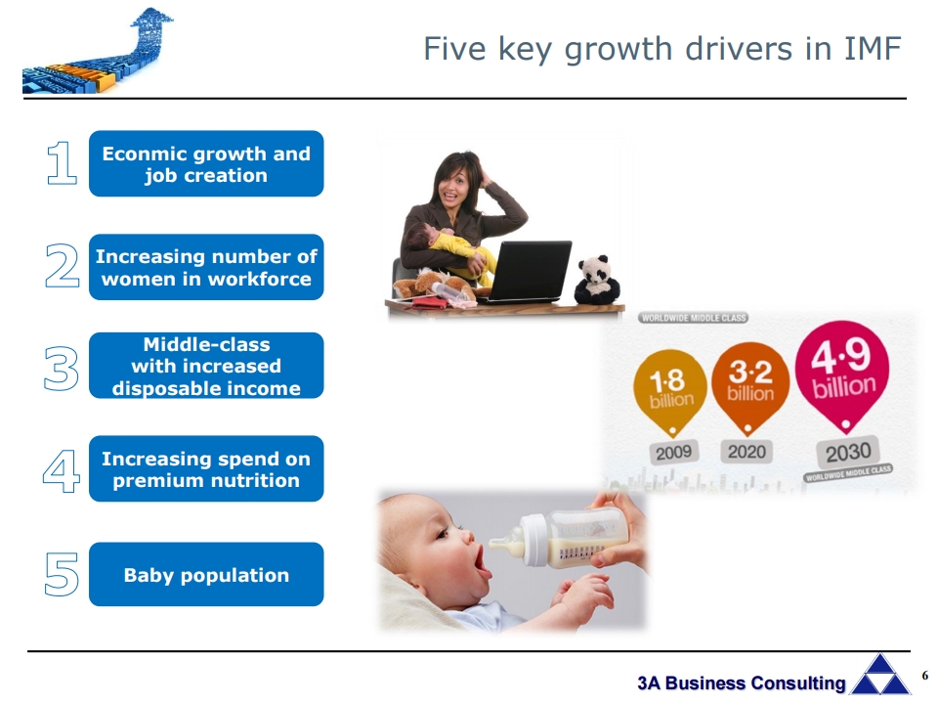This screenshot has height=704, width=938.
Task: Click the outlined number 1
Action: tap(63, 163)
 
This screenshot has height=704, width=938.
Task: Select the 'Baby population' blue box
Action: tap(206, 574)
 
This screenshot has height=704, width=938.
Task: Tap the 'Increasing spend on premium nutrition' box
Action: tap(206, 468)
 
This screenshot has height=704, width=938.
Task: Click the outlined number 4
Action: tap(62, 471)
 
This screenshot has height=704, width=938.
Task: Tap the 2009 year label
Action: tap(673, 452)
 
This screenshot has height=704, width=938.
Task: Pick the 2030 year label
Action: tap(848, 452)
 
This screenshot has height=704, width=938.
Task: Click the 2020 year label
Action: tap(747, 452)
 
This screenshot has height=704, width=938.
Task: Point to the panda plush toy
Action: tap(596, 280)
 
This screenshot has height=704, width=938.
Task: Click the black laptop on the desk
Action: tap(528, 272)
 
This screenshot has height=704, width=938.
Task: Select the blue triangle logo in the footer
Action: tap(880, 676)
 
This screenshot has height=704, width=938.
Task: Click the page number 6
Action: tap(925, 676)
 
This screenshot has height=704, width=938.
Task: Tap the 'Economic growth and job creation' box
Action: tap(206, 163)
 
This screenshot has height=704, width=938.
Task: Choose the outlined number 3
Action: tap(61, 369)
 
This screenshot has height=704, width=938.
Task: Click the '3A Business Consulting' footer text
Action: tap(742, 683)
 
